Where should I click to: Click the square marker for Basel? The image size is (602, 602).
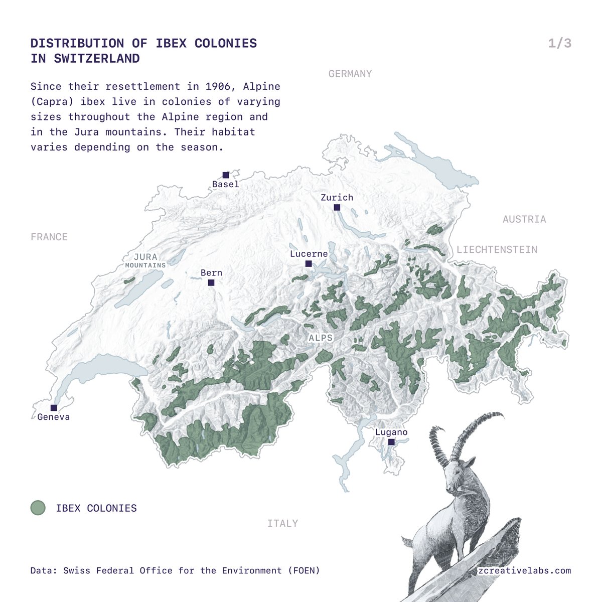(x=226, y=175)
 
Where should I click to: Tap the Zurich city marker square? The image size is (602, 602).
(x=337, y=207)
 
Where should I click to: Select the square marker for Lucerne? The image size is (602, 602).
(x=309, y=263)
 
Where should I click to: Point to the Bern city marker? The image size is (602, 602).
(x=211, y=282)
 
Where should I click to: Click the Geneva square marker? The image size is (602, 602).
(x=54, y=408)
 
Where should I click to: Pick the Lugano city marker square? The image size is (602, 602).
(x=391, y=442)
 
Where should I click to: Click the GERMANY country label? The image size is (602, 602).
(x=350, y=74)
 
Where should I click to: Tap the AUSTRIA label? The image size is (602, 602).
(x=524, y=219)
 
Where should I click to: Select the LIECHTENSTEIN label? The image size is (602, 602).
(x=497, y=249)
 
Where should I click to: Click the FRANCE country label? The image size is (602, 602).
(x=49, y=237)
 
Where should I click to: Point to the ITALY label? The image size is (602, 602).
(x=282, y=523)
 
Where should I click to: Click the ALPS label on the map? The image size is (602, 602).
(x=321, y=338)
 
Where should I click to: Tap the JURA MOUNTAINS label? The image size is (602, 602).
(x=145, y=260)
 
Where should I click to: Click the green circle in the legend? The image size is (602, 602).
(x=38, y=508)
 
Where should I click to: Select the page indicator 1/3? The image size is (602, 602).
(x=560, y=43)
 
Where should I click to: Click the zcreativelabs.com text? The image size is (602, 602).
(x=524, y=570)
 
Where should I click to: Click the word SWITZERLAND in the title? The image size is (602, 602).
(x=97, y=58)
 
